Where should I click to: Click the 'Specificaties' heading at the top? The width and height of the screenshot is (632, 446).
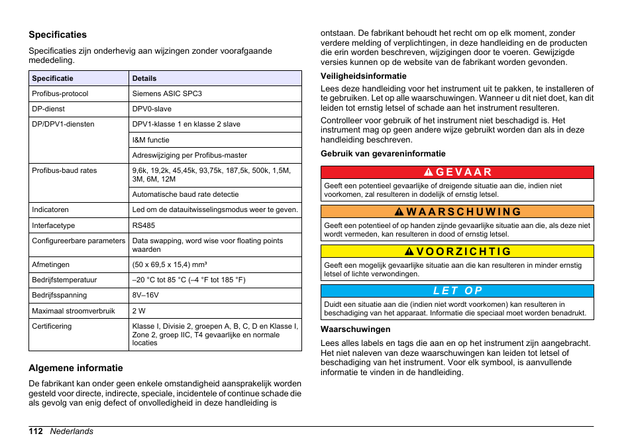click(x=58, y=34)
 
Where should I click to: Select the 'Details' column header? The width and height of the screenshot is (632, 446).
click(x=144, y=78)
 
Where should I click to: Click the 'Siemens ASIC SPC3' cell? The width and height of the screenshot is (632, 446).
click(x=167, y=93)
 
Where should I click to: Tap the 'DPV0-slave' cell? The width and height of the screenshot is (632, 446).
click(x=152, y=109)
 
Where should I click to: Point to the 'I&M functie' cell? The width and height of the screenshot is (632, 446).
click(x=150, y=140)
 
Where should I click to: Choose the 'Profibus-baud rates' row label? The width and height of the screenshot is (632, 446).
click(x=64, y=170)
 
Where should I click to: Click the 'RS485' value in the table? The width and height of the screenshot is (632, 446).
click(x=143, y=225)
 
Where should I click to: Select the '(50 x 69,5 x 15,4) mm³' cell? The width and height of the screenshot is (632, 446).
click(x=170, y=264)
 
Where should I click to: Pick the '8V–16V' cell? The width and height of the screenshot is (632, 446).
click(x=145, y=295)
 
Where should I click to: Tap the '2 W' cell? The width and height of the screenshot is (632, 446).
click(x=138, y=311)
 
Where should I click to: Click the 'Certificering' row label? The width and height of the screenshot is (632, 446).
click(x=52, y=326)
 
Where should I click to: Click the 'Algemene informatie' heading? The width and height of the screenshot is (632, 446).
click(x=76, y=368)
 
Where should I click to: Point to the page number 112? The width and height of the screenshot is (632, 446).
click(x=36, y=431)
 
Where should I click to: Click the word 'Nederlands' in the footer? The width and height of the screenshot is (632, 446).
click(x=72, y=431)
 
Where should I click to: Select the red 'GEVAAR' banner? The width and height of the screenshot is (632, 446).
click(x=457, y=172)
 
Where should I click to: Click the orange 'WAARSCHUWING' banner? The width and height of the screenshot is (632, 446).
click(x=457, y=212)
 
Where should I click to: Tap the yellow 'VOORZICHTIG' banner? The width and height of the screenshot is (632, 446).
click(x=457, y=252)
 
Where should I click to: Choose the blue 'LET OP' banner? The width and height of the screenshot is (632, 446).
click(x=457, y=291)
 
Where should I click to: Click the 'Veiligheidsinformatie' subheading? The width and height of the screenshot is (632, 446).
click(x=364, y=76)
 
